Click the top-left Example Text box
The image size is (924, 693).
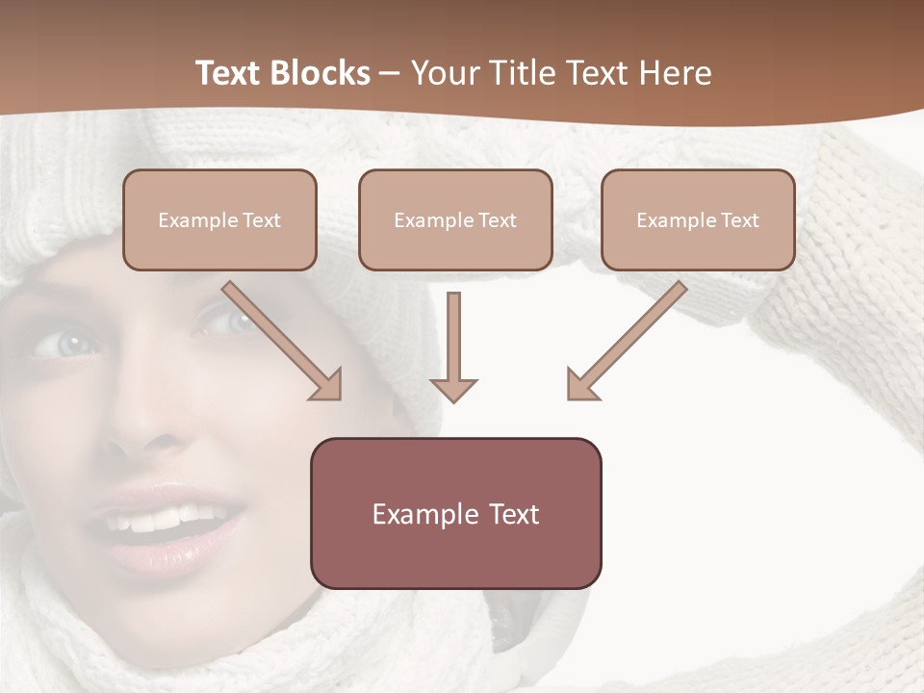click(x=219, y=220)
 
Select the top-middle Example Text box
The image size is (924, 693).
click(x=455, y=220)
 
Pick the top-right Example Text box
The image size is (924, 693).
click(x=698, y=220)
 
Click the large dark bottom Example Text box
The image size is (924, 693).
click(x=455, y=514)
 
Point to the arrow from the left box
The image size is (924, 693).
click(x=279, y=338)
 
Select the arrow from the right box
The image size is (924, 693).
click(x=629, y=338)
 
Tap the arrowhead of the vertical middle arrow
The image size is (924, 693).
click(x=453, y=389)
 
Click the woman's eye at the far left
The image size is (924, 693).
click(x=65, y=344)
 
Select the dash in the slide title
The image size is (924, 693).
click(x=390, y=73)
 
